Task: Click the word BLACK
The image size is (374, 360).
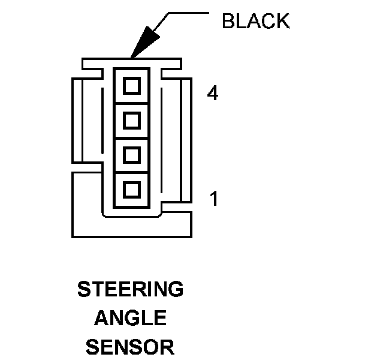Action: point(255,21)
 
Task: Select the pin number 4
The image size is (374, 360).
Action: point(212,94)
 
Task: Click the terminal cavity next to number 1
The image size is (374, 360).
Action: point(131,190)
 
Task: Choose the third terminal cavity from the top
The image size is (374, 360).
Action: point(131,155)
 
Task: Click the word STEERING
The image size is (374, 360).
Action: point(130,290)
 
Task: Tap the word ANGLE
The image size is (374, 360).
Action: point(130,318)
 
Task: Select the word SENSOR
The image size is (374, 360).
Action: point(130,346)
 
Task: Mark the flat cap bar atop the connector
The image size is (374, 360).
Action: point(131,62)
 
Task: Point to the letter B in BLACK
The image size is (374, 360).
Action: point(228,21)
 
